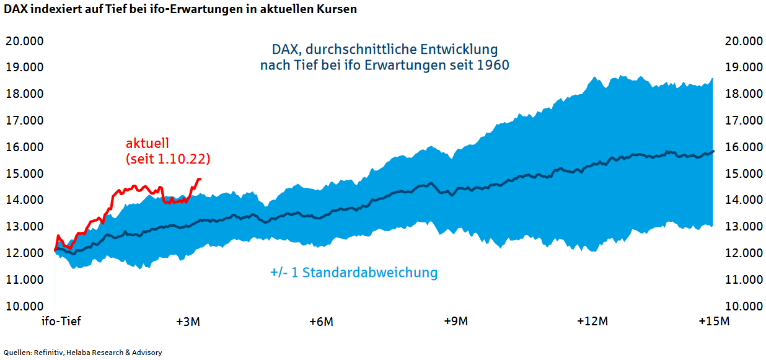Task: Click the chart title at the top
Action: [180, 9]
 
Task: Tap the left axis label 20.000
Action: [24, 41]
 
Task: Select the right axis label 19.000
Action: [743, 68]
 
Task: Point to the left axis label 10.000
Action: [24, 306]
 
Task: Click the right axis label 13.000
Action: [743, 227]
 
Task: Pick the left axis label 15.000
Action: [24, 173]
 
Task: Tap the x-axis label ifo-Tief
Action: [61, 322]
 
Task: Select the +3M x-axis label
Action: [188, 322]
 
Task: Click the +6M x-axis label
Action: [321, 322]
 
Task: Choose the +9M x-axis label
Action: [456, 322]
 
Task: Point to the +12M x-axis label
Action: [592, 322]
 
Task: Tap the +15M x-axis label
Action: [714, 322]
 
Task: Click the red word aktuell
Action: [147, 144]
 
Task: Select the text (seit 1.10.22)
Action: [167, 159]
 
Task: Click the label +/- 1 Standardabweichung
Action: [354, 273]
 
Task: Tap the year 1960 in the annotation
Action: [493, 65]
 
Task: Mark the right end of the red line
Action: [200, 179]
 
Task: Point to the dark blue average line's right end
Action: [713, 151]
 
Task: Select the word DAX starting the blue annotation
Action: [286, 49]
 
